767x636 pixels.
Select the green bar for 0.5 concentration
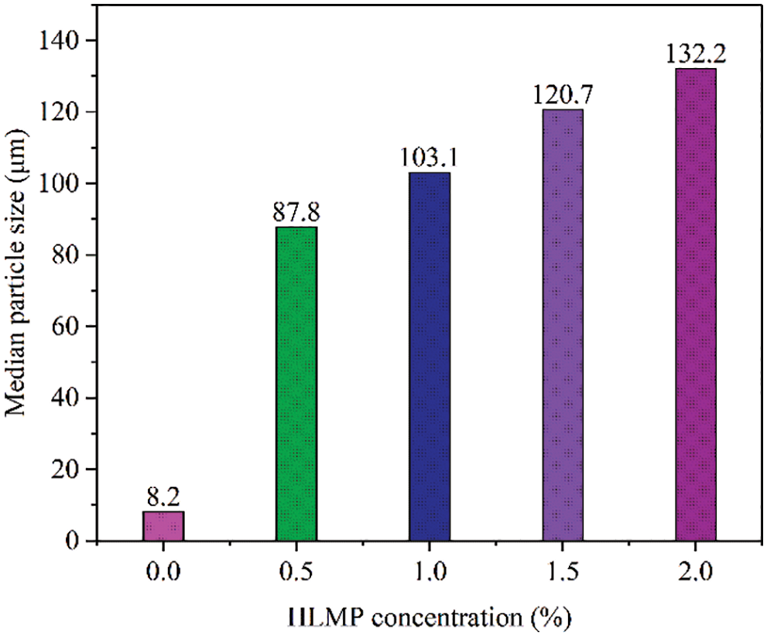coord(296,384)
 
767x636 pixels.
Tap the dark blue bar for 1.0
coord(429,357)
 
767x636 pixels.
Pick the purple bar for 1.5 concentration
coord(563,325)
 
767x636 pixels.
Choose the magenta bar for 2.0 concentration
coord(696,305)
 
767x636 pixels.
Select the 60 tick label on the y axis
coord(70,327)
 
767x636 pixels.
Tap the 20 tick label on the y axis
coord(70,470)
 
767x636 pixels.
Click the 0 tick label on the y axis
coord(76,541)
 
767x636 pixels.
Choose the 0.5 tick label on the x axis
coord(296,573)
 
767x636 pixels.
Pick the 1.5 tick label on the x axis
coord(563,573)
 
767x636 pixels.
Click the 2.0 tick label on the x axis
coord(696,573)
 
